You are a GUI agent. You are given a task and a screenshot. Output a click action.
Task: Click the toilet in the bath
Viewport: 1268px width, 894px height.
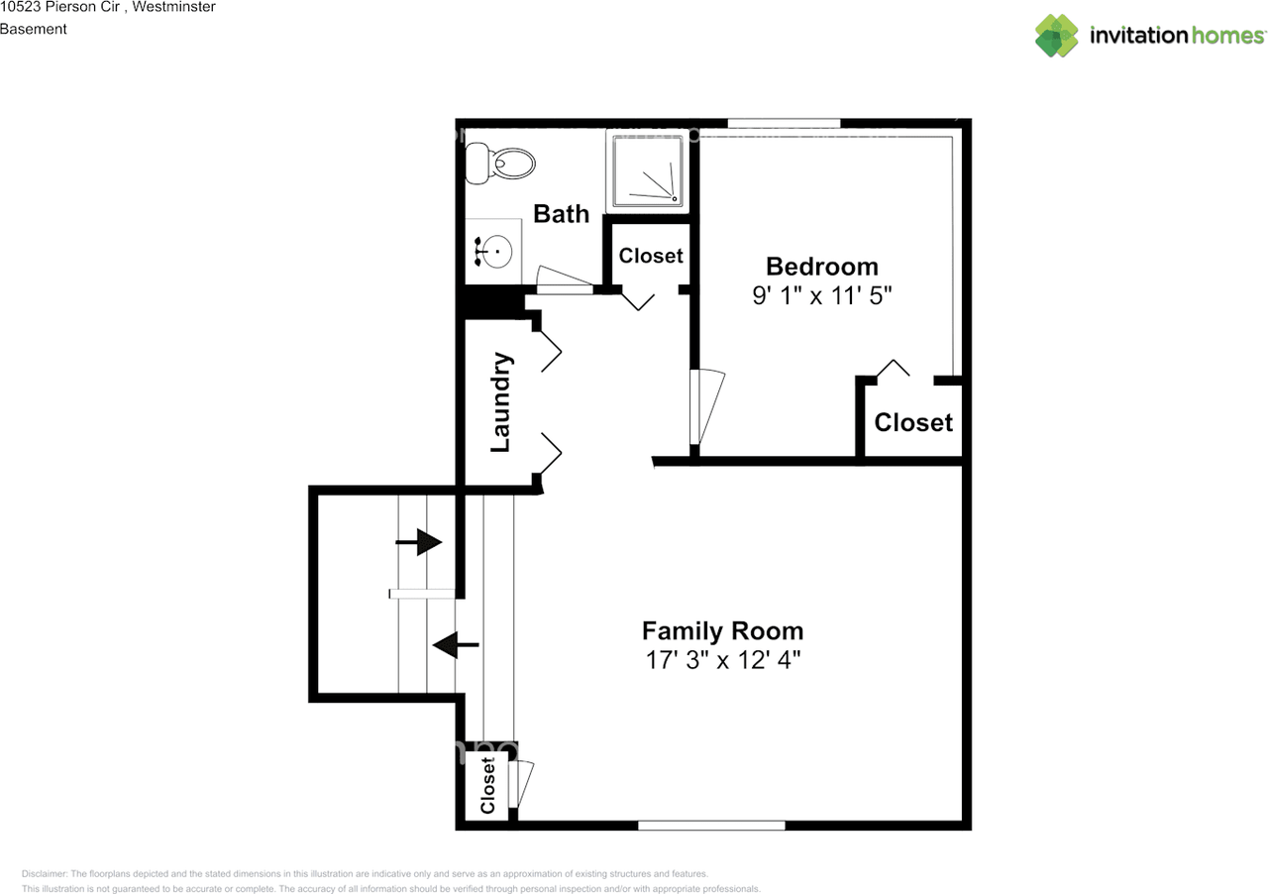click(x=500, y=164)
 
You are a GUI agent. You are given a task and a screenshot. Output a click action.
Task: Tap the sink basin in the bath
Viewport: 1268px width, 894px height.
click(x=496, y=251)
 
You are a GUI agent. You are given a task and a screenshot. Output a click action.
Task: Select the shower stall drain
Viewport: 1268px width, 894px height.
click(x=675, y=199)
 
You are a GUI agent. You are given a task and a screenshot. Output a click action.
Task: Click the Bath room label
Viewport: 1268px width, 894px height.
click(x=561, y=214)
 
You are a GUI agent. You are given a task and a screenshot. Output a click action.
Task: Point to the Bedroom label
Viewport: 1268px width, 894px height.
click(x=822, y=267)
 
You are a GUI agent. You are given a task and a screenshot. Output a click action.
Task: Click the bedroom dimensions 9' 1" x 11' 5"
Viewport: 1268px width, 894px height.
click(x=822, y=295)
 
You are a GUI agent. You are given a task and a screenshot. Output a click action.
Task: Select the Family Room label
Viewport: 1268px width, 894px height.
click(x=722, y=630)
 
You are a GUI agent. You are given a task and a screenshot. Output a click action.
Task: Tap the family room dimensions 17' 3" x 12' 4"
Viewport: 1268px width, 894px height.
click(x=723, y=660)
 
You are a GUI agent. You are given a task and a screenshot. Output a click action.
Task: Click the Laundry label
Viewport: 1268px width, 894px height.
click(x=500, y=402)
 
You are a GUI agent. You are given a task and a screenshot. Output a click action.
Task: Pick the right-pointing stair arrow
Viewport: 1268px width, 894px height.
click(x=418, y=542)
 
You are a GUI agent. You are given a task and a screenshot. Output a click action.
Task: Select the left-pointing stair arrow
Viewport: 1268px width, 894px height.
click(x=456, y=644)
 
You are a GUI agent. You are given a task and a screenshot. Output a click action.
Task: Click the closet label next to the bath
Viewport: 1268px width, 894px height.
click(x=651, y=256)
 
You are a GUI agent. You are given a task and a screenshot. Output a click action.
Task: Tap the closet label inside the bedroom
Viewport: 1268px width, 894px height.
click(x=913, y=422)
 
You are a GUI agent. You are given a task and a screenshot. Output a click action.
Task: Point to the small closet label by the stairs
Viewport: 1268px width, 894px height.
click(x=487, y=785)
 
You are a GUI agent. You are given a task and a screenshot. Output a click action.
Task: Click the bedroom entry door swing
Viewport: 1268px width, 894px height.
click(x=707, y=406)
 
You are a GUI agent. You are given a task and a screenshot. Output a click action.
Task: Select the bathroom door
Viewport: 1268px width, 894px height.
click(x=565, y=279)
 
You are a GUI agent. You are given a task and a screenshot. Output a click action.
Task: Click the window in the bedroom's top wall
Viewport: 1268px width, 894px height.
click(x=784, y=124)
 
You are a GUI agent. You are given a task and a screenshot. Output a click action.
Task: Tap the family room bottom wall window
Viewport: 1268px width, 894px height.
click(x=711, y=826)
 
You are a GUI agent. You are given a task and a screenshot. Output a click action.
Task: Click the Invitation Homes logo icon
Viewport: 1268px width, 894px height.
click(x=1057, y=35)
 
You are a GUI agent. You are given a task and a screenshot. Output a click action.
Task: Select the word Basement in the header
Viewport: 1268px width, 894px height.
click(x=34, y=29)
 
